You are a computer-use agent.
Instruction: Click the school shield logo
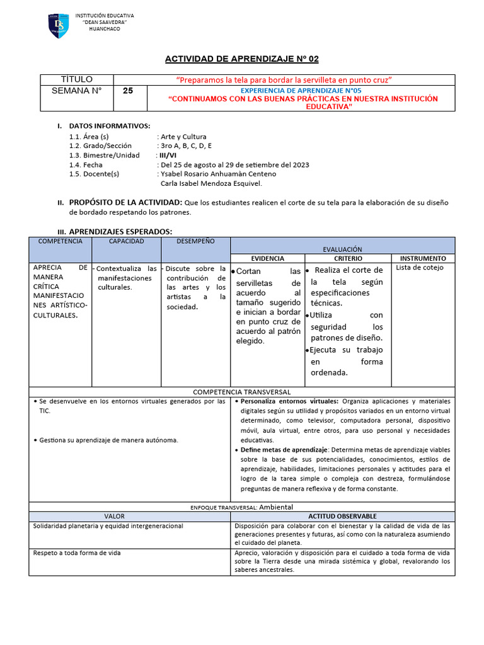pos(59,25)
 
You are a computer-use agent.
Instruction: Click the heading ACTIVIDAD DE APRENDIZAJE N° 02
pos(242,59)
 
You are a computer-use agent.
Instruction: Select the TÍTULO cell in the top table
pos(76,79)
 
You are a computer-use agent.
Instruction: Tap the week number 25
pos(128,91)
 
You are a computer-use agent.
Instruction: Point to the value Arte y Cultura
pos(183,136)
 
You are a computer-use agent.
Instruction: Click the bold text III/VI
pos(168,155)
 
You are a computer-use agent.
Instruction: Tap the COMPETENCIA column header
pos(60,241)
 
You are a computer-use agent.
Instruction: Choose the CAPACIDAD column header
pos(126,241)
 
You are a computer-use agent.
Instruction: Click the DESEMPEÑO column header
pos(195,241)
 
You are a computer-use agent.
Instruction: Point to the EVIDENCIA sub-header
pos(268,258)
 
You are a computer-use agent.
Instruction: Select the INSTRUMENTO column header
pos(423,258)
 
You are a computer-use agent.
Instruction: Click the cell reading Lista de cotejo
pos(420,268)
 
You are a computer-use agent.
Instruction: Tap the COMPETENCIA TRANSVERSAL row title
pos(241,392)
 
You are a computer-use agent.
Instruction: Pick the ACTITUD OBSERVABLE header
pos(342,516)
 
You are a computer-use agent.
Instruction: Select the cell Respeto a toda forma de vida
pos(76,552)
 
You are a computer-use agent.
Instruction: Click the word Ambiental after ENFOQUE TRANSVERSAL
pos(276,506)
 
